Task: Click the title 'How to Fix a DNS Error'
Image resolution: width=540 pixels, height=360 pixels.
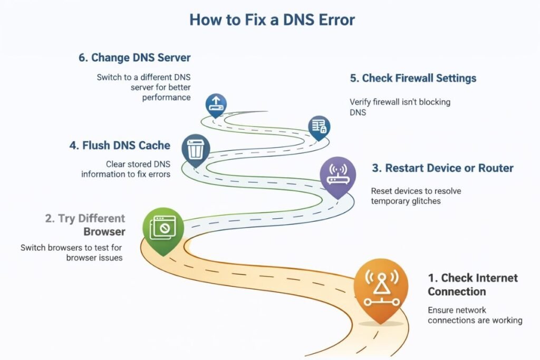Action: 272,20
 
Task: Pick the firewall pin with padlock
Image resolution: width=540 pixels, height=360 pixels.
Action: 320,127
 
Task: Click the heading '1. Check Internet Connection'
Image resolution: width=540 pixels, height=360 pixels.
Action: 472,285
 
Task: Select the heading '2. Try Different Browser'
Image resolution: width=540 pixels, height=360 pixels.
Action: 85,225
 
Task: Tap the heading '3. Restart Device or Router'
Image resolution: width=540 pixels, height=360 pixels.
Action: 442,168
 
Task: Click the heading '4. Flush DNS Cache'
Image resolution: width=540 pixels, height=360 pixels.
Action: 120,145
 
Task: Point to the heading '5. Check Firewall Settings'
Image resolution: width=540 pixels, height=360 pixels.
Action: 413,78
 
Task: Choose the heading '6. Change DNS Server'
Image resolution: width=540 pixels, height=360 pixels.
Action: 134,57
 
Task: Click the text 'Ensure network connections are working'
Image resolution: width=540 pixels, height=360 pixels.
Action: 475,315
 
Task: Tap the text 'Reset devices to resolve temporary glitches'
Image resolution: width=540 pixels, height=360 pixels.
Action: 416,196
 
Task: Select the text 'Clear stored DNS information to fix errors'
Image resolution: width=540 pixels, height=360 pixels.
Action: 126,169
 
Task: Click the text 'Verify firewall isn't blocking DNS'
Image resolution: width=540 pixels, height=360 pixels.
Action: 400,107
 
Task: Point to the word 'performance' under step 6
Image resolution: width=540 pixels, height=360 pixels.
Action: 167,98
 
